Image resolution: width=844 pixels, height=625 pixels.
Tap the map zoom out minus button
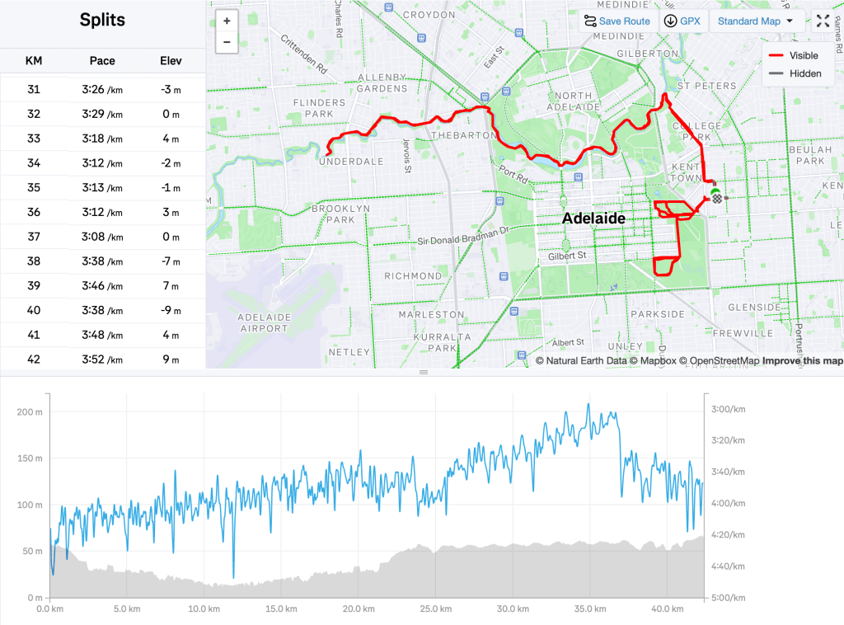pos(227,42)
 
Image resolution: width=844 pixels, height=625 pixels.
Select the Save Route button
pos(617,21)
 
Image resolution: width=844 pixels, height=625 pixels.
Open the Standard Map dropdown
pos(755,21)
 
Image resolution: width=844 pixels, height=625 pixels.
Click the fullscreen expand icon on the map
pos(823,21)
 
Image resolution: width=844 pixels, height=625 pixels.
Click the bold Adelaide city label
pos(593,219)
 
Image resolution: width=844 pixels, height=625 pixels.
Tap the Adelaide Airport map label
pos(263,322)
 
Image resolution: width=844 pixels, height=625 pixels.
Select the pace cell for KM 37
pos(102,237)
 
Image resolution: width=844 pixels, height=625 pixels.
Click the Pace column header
pos(102,61)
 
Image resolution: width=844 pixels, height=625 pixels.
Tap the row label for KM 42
pos(34,360)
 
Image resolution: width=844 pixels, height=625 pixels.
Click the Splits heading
pos(102,21)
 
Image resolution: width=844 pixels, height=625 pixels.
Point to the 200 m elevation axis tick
pos(30,411)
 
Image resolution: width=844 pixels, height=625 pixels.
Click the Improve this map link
pos(803,361)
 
